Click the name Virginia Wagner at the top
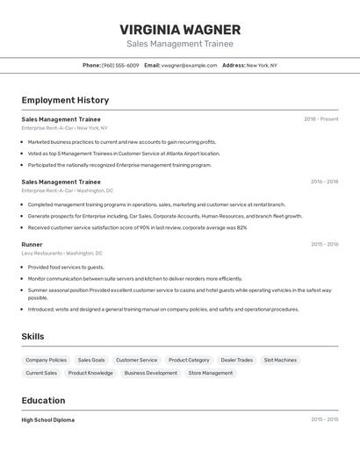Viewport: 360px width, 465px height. [180, 29]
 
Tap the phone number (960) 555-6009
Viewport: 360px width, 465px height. [120, 65]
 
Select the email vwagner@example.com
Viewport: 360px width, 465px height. [189, 65]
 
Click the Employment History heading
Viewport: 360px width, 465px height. [65, 100]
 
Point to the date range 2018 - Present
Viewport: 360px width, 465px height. [320, 118]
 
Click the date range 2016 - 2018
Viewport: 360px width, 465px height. [324, 182]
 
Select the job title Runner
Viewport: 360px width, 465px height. [32, 244]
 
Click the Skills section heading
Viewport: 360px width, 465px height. [33, 336]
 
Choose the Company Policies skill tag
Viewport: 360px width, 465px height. [46, 360]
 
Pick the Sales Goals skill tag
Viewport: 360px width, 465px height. [91, 360]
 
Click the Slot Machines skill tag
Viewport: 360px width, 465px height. [280, 360]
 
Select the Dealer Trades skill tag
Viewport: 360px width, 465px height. [236, 360]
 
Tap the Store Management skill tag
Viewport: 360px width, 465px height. [211, 373]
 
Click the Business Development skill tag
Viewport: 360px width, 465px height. [150, 373]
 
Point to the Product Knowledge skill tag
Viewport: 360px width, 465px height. [90, 373]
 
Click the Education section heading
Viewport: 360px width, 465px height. [43, 400]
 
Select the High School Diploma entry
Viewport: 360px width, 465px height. [48, 419]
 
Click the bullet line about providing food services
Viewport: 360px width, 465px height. [66, 267]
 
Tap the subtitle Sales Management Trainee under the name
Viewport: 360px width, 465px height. [180, 43]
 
